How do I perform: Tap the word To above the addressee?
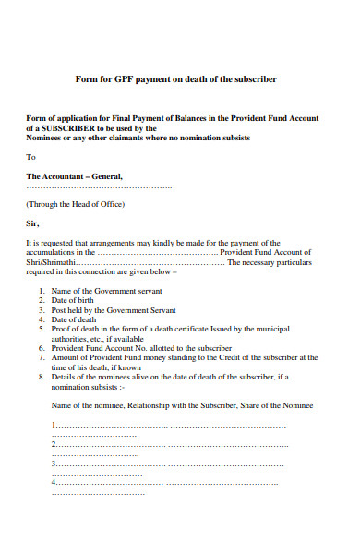coord(31,157)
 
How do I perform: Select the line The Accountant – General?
coord(74,175)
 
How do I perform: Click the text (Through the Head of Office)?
coord(76,204)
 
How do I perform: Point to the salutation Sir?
coord(33,223)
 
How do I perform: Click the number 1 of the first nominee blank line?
coord(54,425)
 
